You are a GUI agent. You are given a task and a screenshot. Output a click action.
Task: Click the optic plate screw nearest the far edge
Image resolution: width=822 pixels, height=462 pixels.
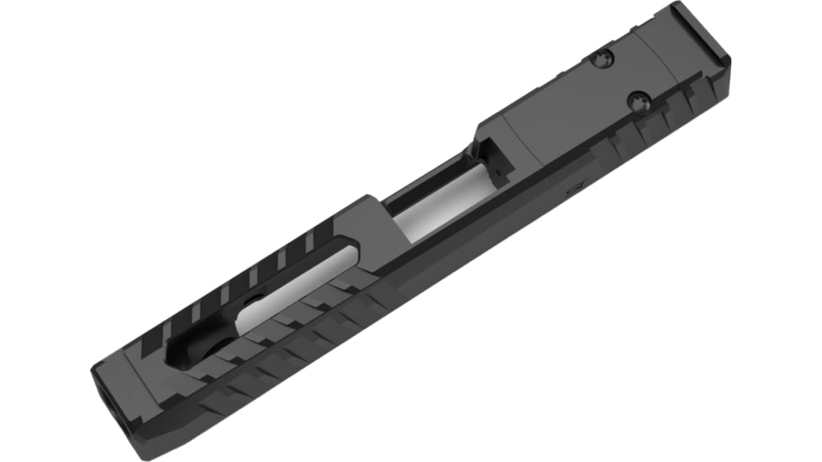[603, 58]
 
